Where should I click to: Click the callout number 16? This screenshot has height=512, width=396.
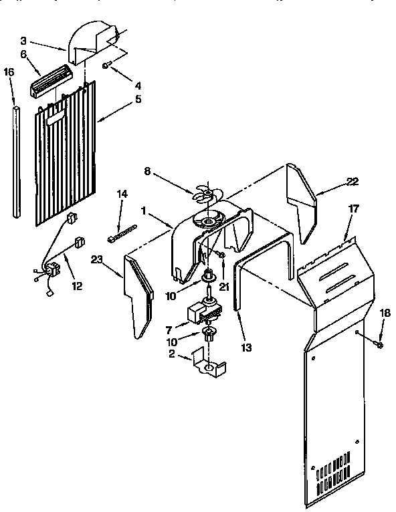click(x=8, y=71)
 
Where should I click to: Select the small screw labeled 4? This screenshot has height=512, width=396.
click(x=108, y=65)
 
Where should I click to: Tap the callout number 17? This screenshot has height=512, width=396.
click(x=354, y=209)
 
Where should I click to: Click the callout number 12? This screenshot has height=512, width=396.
click(x=78, y=286)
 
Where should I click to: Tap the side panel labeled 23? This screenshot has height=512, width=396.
click(x=139, y=294)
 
